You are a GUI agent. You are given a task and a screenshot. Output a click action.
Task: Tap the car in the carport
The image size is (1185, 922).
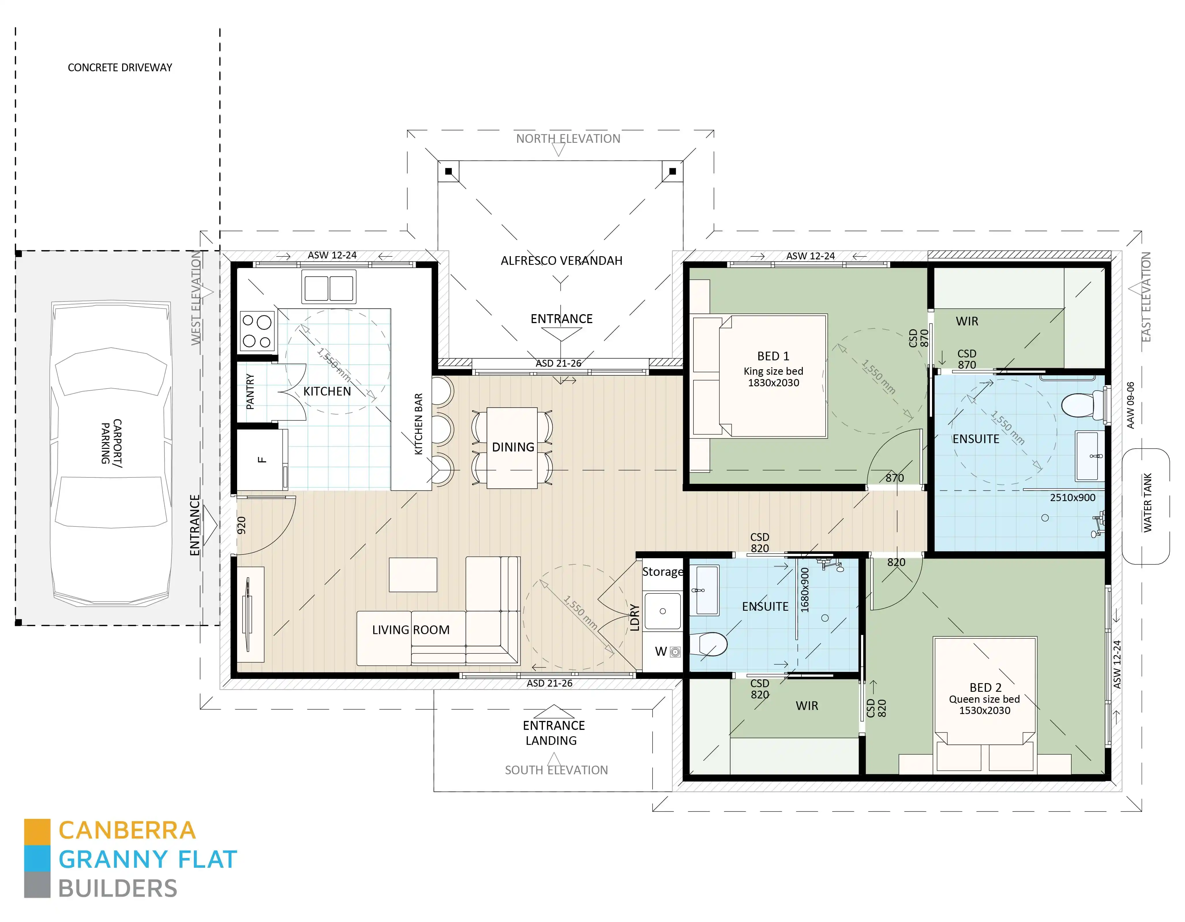pyautogui.click(x=111, y=453)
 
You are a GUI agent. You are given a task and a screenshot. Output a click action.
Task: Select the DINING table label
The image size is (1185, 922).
pyautogui.click(x=513, y=447)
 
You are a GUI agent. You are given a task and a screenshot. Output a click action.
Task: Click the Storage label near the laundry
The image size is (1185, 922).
pyautogui.click(x=663, y=571)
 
